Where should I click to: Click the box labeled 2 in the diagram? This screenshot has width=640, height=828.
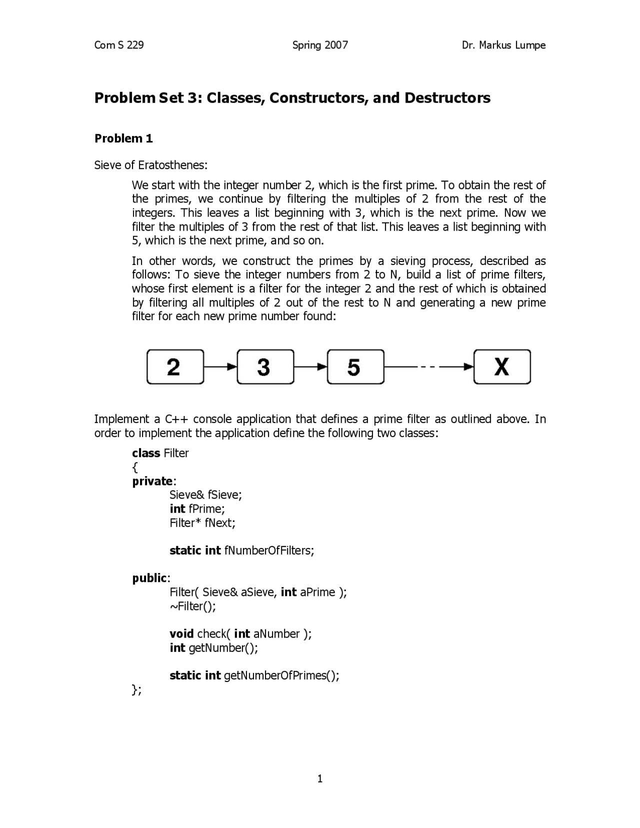[175, 367]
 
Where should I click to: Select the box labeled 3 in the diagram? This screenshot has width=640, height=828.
[265, 367]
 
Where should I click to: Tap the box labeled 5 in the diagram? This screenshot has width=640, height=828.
[355, 367]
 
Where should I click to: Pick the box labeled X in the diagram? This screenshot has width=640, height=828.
[501, 367]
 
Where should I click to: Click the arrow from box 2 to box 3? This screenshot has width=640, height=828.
[220, 367]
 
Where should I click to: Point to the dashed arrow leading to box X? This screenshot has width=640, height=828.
[428, 367]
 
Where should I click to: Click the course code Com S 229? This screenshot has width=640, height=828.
[119, 45]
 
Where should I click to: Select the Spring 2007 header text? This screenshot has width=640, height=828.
[320, 45]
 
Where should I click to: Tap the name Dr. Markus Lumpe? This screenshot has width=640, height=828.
[503, 45]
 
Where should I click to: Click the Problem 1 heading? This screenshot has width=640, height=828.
[123, 138]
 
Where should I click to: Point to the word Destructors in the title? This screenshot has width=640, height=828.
[447, 97]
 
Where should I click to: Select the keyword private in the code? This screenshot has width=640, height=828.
[152, 481]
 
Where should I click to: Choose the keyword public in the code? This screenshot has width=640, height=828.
[149, 578]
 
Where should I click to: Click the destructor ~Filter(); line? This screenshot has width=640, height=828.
[192, 606]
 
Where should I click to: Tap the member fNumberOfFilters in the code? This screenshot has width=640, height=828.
[269, 550]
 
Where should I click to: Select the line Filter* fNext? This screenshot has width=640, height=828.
[202, 523]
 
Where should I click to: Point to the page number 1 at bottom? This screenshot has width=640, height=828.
[320, 778]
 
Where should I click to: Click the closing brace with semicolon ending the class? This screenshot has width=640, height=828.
[136, 690]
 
